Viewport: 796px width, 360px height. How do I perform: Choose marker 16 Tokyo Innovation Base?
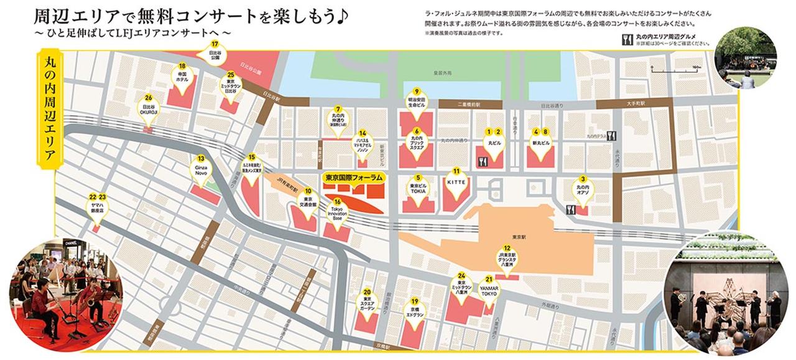click(x=337, y=211)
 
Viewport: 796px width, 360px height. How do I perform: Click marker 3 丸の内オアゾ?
click(x=583, y=188)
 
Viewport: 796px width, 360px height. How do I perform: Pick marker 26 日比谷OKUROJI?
click(x=148, y=107)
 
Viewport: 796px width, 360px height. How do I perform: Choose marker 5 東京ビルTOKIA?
click(x=418, y=187)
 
